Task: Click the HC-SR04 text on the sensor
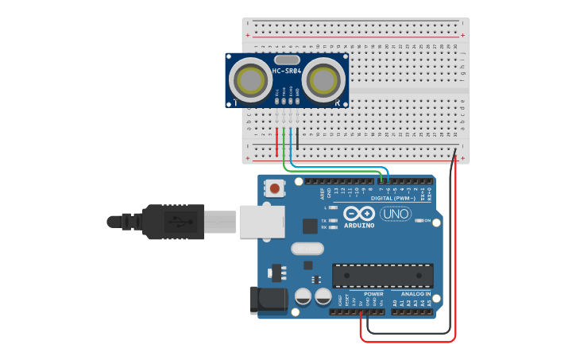point(287,72)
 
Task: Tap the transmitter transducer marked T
point(249,79)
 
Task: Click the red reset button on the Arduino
point(275,189)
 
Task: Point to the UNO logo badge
point(396,214)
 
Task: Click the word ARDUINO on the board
point(359,225)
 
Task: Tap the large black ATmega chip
point(382,276)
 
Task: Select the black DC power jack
point(268,299)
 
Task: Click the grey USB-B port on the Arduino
point(261,220)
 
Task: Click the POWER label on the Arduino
point(373,294)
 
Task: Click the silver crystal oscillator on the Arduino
point(307,249)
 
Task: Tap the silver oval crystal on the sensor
point(287,60)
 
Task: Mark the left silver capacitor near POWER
point(303,296)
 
